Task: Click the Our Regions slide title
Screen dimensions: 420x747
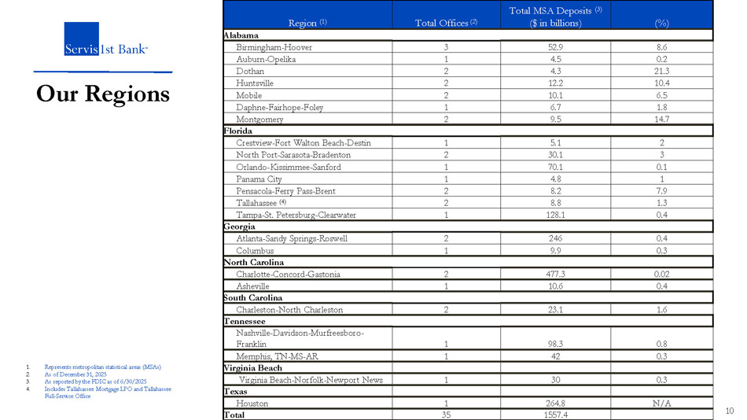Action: pyautogui.click(x=103, y=94)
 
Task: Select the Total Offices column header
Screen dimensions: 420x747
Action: pyautogui.click(x=446, y=23)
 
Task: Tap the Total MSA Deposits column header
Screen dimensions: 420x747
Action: pyautogui.click(x=555, y=16)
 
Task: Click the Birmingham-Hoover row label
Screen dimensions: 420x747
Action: pyautogui.click(x=274, y=47)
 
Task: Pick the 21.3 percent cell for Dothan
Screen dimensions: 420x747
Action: pyautogui.click(x=662, y=71)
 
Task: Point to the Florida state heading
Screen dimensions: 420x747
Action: pyautogui.click(x=238, y=131)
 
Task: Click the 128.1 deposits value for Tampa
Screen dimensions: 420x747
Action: pyautogui.click(x=556, y=214)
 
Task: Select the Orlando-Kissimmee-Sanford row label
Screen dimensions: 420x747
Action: pyautogui.click(x=289, y=167)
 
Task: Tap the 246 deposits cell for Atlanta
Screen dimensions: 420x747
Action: pyautogui.click(x=556, y=238)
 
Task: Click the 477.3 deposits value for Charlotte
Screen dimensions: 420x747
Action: pyautogui.click(x=556, y=274)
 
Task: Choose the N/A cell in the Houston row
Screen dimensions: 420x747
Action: pyautogui.click(x=662, y=403)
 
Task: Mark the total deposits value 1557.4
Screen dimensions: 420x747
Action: pyautogui.click(x=556, y=414)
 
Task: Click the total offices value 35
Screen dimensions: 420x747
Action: pyautogui.click(x=446, y=414)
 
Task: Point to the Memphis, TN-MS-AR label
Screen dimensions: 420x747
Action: pyautogui.click(x=277, y=356)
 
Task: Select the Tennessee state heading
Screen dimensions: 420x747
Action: pyautogui.click(x=245, y=322)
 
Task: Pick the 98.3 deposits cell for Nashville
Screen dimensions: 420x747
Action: pyautogui.click(x=556, y=344)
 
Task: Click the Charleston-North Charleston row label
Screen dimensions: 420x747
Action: pyautogui.click(x=289, y=310)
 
